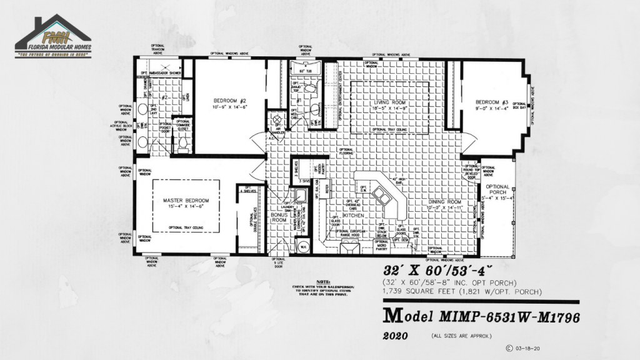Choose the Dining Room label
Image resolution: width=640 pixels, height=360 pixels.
(444, 202)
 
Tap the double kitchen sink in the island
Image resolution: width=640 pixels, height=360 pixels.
(382, 197)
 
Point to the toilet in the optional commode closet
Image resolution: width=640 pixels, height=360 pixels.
(183, 143)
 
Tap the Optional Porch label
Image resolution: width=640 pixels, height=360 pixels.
(497, 189)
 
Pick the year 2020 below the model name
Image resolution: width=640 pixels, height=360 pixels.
(395, 336)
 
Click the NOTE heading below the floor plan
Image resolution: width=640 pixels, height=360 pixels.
(323, 281)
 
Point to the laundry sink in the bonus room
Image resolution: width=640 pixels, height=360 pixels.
(301, 196)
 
